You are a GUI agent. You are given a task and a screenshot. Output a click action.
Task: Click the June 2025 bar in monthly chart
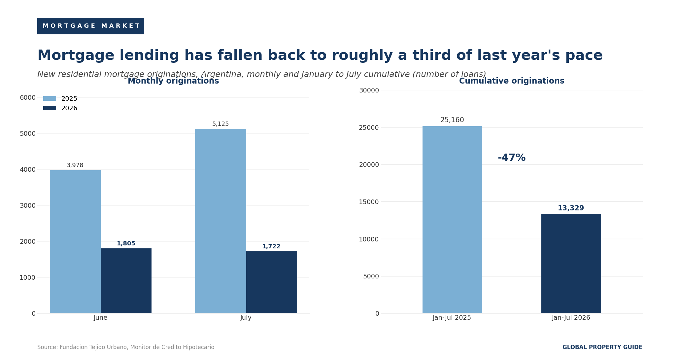[75, 241]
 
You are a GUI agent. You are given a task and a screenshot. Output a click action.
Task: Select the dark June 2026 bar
[126, 281]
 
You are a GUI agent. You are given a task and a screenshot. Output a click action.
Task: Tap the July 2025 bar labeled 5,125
[221, 221]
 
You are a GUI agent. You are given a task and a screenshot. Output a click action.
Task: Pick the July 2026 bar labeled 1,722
[271, 282]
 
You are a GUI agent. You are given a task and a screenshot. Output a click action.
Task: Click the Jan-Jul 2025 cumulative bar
[452, 220]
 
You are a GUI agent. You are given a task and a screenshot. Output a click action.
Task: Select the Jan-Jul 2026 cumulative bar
[571, 264]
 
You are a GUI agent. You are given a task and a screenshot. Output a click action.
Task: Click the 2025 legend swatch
[50, 98]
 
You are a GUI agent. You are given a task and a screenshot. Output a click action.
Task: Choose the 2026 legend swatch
[50, 108]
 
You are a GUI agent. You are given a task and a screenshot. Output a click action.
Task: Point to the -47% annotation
[512, 158]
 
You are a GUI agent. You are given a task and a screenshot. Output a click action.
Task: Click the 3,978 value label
[75, 165]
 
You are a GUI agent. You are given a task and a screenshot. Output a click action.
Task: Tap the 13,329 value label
[571, 208]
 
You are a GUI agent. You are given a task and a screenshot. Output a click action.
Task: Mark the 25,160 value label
[452, 120]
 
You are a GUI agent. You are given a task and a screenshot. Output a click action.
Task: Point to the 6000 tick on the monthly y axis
[28, 97]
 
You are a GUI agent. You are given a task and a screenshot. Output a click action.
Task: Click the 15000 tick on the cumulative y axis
[369, 202]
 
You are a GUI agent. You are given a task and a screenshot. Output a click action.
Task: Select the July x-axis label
[246, 318]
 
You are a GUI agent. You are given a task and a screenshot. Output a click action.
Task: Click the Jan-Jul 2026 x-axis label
[571, 318]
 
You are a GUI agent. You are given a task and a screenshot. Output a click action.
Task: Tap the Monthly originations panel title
[173, 81]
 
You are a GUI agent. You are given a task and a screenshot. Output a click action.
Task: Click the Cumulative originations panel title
[512, 81]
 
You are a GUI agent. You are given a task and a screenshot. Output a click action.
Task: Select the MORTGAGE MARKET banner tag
[91, 26]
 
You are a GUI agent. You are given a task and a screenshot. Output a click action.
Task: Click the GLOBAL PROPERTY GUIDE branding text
[602, 347]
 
